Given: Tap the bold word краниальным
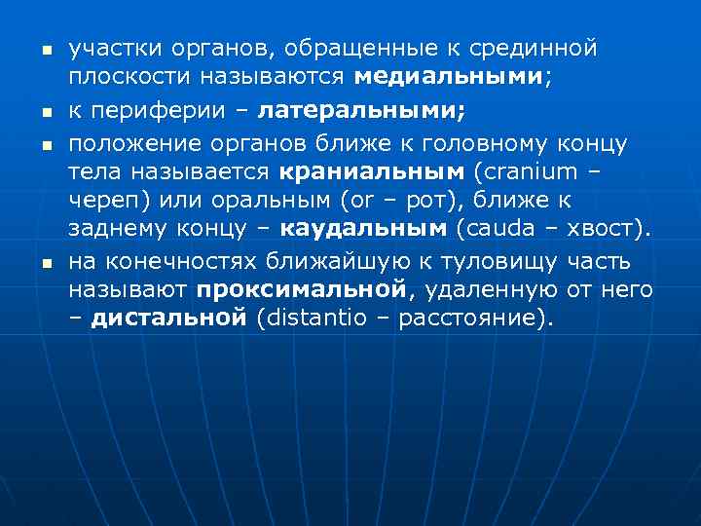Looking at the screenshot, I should [x=373, y=172].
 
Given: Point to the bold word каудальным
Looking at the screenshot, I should [x=364, y=231].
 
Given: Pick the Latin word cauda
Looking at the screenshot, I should [x=497, y=231].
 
